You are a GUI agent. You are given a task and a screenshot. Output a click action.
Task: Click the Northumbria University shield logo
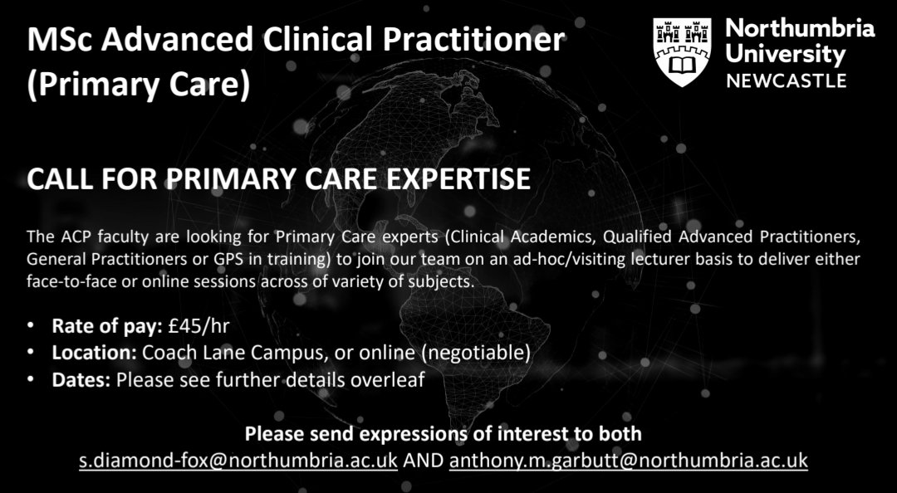[683, 51]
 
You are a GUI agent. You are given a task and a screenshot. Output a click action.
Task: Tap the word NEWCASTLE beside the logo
[787, 81]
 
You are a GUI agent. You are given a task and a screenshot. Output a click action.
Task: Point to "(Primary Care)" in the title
[138, 85]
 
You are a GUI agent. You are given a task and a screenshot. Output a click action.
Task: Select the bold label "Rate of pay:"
[105, 325]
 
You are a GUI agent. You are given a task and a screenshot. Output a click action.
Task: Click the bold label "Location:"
[94, 353]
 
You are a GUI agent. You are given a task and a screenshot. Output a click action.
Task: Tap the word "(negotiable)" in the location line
[476, 353]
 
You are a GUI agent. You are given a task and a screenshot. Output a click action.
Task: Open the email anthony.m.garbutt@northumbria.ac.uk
[628, 461]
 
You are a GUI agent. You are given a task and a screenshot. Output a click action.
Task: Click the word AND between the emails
[424, 461]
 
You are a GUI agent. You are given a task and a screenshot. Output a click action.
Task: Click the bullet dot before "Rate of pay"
[31, 325]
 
